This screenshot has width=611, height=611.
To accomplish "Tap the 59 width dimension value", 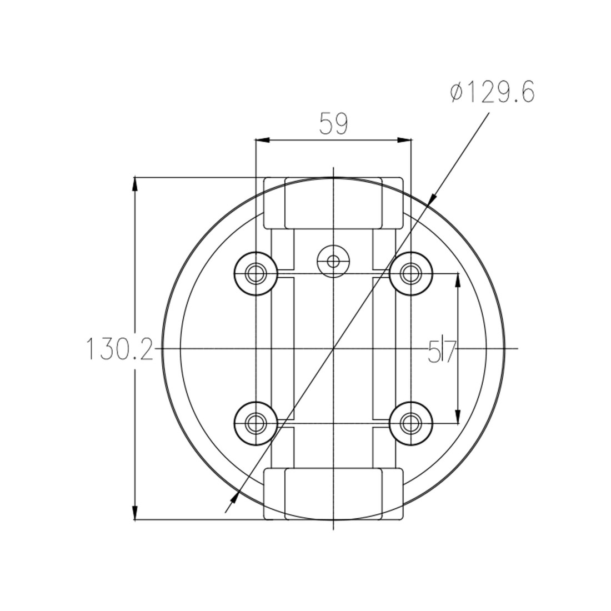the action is (x=334, y=123).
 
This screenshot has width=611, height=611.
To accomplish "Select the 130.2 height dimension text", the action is (x=119, y=348).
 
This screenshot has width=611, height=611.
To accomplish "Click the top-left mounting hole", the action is (x=256, y=273).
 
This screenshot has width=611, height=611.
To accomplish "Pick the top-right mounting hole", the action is (x=410, y=273).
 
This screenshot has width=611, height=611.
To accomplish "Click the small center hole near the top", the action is (x=333, y=261).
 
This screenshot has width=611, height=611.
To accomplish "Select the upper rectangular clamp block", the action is (x=334, y=203).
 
